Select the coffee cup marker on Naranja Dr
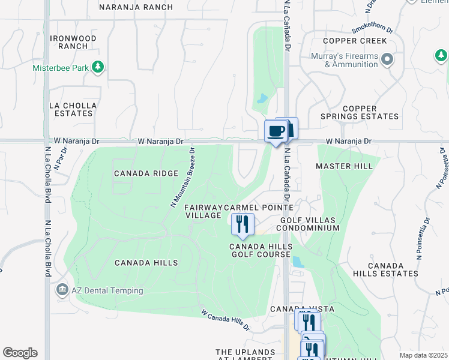pos(276,131)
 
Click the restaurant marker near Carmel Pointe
pos(243,224)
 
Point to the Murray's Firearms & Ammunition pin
pos(387,59)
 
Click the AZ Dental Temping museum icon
pos(62,290)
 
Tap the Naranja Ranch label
pos(136,7)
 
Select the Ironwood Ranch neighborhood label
pos(73,42)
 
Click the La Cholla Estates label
pos(73,109)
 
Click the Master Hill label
pos(345,166)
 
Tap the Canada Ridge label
pos(146,173)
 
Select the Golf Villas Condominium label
pos(310,224)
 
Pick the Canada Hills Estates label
pos(393,269)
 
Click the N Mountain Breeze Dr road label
pos(182,178)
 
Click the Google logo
pos(20,353)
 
